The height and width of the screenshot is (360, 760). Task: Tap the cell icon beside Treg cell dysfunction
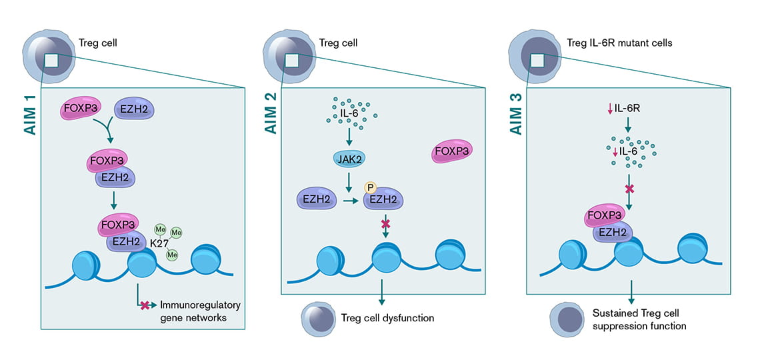(317, 317)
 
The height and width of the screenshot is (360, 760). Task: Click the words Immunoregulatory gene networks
(199, 311)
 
